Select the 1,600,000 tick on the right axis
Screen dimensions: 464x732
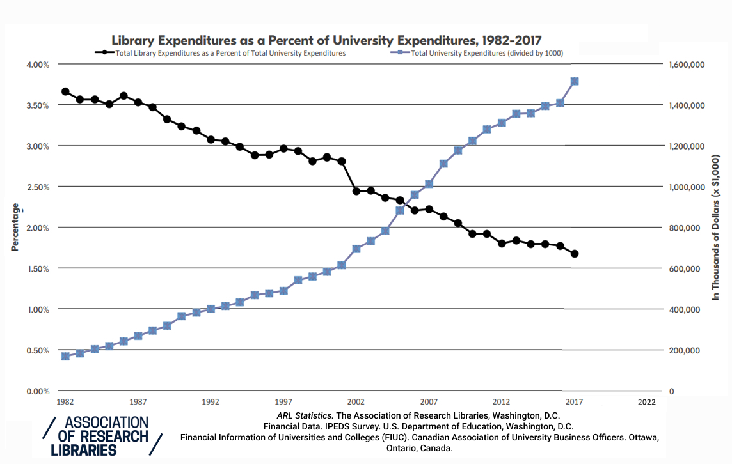coord(686,65)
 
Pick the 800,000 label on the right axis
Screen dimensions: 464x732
coord(683,228)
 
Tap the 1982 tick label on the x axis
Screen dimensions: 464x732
coord(65,402)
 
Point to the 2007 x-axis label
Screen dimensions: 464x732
coord(429,402)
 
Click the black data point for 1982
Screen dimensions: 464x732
coord(65,91)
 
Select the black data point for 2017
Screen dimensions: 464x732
coord(575,254)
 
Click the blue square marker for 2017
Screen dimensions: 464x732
coord(575,81)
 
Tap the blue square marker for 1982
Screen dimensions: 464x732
coord(65,356)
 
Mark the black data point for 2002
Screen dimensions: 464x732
coord(356,190)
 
